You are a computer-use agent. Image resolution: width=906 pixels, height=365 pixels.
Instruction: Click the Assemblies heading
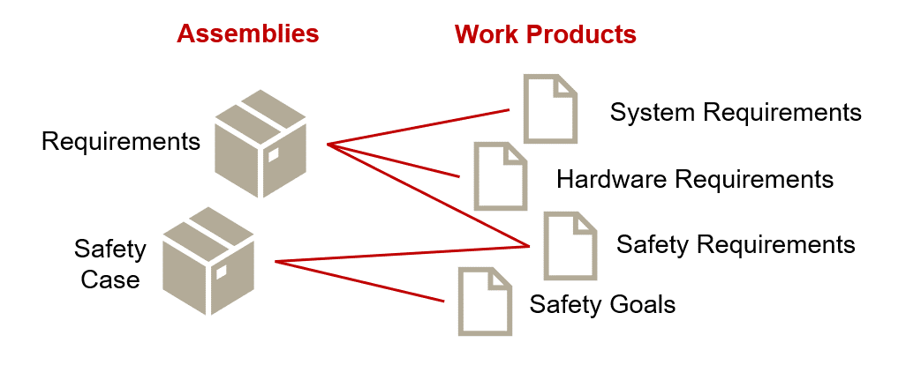247,34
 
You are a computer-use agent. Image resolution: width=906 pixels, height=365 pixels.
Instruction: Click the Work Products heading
545,34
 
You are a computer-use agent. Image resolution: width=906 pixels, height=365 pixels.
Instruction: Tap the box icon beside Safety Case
208,261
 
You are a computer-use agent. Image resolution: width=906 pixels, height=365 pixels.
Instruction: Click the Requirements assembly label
121,141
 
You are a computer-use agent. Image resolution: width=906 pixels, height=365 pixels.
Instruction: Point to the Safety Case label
110,264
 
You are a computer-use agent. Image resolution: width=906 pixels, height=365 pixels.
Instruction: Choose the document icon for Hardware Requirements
501,176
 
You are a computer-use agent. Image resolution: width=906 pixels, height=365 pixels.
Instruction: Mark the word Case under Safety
110,279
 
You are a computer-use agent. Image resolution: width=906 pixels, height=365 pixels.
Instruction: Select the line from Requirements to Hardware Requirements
393,160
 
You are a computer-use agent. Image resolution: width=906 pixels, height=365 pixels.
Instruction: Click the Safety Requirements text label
736,244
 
